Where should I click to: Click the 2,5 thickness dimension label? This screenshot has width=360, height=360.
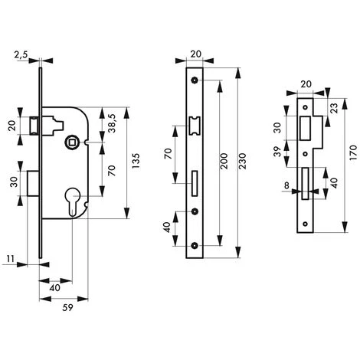pos(21,55)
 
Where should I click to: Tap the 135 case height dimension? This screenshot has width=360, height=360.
pos(136,161)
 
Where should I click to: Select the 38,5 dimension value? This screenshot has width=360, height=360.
pos(112,123)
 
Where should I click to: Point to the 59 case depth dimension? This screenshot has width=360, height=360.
pos(67,307)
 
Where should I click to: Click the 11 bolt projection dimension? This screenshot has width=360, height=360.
pos(11,259)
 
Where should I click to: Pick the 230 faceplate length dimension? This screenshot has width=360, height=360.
pos(243,161)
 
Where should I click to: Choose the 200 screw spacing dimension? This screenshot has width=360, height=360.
pos(224,161)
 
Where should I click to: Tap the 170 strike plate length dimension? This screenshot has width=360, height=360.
pos(353,152)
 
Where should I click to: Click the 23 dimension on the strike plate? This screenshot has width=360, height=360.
pos(334,108)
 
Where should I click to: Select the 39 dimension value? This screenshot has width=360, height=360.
pos(277,152)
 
